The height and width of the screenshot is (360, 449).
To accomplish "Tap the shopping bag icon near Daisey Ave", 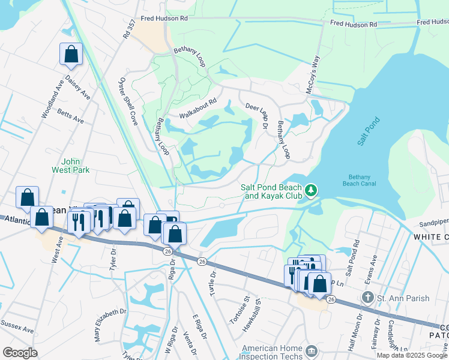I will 71,54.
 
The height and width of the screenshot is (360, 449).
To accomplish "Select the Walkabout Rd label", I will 197,109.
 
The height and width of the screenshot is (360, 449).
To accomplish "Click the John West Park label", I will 75,166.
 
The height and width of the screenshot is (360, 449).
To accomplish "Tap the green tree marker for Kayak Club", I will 311,191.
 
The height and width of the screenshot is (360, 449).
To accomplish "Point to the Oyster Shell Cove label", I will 128,101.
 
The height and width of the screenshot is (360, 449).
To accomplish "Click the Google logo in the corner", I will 20,352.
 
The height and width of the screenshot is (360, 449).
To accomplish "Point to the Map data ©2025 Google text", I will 411,355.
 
